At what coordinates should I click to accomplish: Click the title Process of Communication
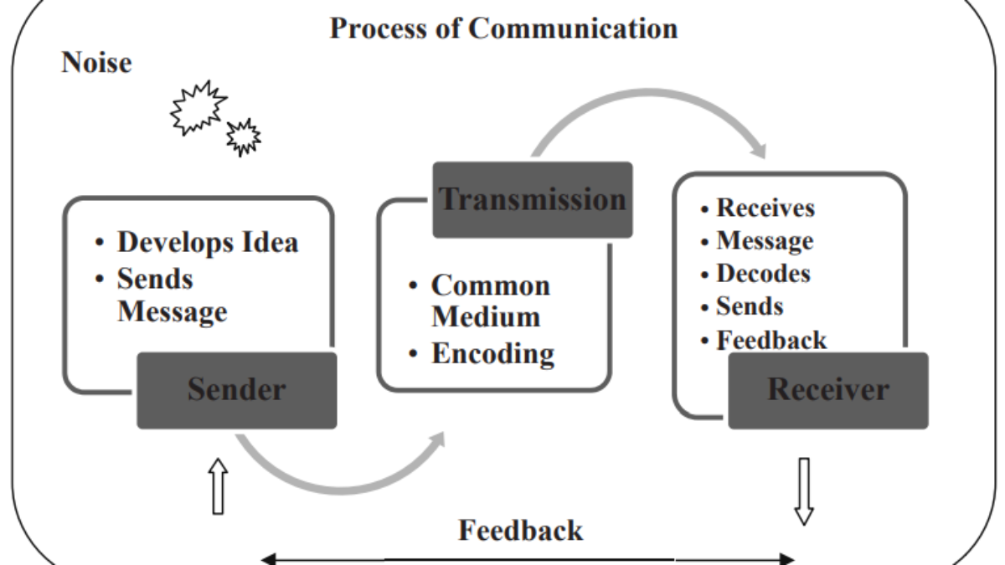pos(503,28)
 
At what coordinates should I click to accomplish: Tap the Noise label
pos(96,63)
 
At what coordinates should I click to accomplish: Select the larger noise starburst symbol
pos(198,107)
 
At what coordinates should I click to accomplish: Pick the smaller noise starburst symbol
pos(244,136)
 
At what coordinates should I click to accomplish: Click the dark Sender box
pos(237,390)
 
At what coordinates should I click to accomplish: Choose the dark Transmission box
pos(533,199)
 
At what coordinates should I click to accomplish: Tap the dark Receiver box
pos(827,390)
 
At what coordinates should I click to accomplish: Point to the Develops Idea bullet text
pos(207,243)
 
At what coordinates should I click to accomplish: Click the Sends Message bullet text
pos(172,295)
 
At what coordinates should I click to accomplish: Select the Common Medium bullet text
pos(490,301)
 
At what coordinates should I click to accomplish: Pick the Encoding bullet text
pos(492,353)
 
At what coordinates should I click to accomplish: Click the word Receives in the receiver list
pos(765,208)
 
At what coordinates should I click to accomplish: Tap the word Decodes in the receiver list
pos(763,274)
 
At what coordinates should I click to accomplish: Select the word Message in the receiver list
pos(765,241)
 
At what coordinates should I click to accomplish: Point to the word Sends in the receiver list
pos(750,306)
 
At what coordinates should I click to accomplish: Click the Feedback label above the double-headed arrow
pos(520,530)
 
